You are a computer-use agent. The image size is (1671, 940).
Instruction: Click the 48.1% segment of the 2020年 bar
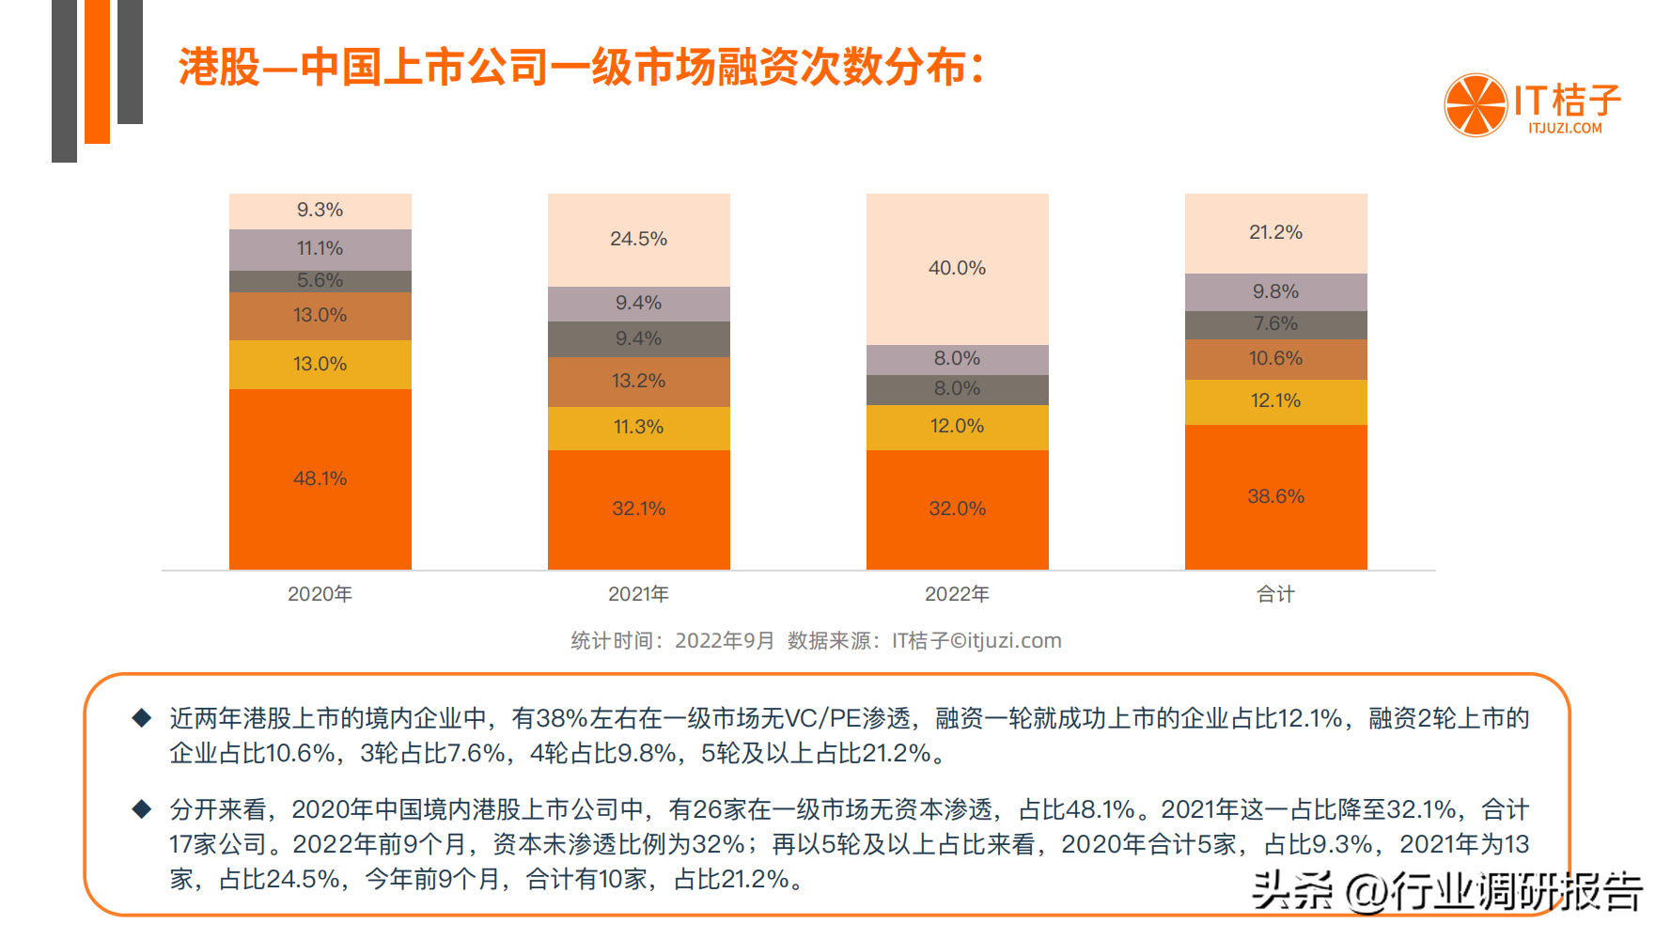tap(320, 478)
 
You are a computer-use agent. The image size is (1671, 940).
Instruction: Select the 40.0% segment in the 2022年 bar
tap(957, 269)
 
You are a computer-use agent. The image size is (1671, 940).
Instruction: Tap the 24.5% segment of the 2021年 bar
tap(638, 240)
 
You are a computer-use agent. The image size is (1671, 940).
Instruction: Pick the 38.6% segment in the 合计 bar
tap(1275, 496)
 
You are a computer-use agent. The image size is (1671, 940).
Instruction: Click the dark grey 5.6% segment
tap(320, 281)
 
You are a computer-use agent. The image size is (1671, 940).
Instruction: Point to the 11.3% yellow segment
tap(638, 428)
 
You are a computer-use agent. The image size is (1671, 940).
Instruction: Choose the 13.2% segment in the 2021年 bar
tap(638, 382)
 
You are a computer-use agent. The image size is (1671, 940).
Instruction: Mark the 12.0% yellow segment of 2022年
tap(957, 427)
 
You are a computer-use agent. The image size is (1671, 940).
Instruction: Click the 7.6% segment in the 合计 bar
tap(1275, 324)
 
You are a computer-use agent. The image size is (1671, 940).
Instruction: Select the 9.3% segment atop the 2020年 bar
tap(320, 211)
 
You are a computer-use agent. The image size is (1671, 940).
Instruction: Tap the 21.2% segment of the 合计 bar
tap(1275, 233)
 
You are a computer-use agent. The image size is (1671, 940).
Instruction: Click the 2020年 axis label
tap(320, 594)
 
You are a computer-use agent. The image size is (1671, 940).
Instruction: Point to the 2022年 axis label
tap(957, 594)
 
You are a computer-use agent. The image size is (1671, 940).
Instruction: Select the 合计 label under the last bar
tap(1275, 594)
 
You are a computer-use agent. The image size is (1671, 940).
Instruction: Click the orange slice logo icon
tap(1476, 105)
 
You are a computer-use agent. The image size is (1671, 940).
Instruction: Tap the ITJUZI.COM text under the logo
tap(1565, 129)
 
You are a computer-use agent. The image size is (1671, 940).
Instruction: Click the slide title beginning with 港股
tap(581, 68)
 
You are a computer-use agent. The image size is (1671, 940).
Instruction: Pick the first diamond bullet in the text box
tap(142, 719)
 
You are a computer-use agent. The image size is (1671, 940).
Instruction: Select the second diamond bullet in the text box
tap(142, 809)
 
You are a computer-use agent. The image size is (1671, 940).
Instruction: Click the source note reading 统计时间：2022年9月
tap(673, 641)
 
